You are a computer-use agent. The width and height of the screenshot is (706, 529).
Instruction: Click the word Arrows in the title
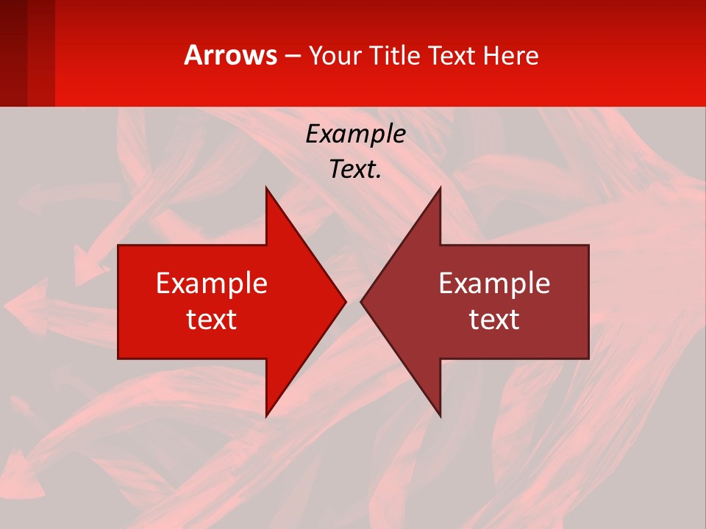pyautogui.click(x=231, y=55)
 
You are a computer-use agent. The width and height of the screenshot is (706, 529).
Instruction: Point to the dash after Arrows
pyautogui.click(x=293, y=57)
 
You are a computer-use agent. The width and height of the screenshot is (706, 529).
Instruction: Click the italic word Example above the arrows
pyautogui.click(x=355, y=134)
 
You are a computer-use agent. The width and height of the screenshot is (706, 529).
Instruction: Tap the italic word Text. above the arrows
pyautogui.click(x=355, y=169)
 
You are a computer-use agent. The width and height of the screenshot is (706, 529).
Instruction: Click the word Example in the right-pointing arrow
pyautogui.click(x=212, y=283)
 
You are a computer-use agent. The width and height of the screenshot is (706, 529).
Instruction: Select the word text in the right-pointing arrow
pyautogui.click(x=212, y=319)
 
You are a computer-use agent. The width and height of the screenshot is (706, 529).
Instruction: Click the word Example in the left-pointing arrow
pyautogui.click(x=494, y=283)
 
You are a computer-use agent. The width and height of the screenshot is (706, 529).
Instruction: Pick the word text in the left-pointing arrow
pyautogui.click(x=494, y=319)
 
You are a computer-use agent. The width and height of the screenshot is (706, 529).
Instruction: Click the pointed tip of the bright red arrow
pyautogui.click(x=345, y=301)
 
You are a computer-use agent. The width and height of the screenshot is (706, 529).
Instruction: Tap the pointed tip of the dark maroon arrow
pyautogui.click(x=361, y=301)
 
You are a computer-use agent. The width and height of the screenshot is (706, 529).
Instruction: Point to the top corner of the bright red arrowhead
pyautogui.click(x=266, y=188)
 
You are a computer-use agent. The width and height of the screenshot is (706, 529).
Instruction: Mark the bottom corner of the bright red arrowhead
pyautogui.click(x=266, y=416)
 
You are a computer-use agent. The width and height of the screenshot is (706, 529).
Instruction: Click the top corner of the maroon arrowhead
pyautogui.click(x=440, y=188)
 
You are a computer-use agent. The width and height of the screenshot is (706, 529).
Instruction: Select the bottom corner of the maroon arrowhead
pyautogui.click(x=440, y=416)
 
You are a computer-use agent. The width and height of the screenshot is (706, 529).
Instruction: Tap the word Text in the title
pyautogui.click(x=451, y=56)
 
